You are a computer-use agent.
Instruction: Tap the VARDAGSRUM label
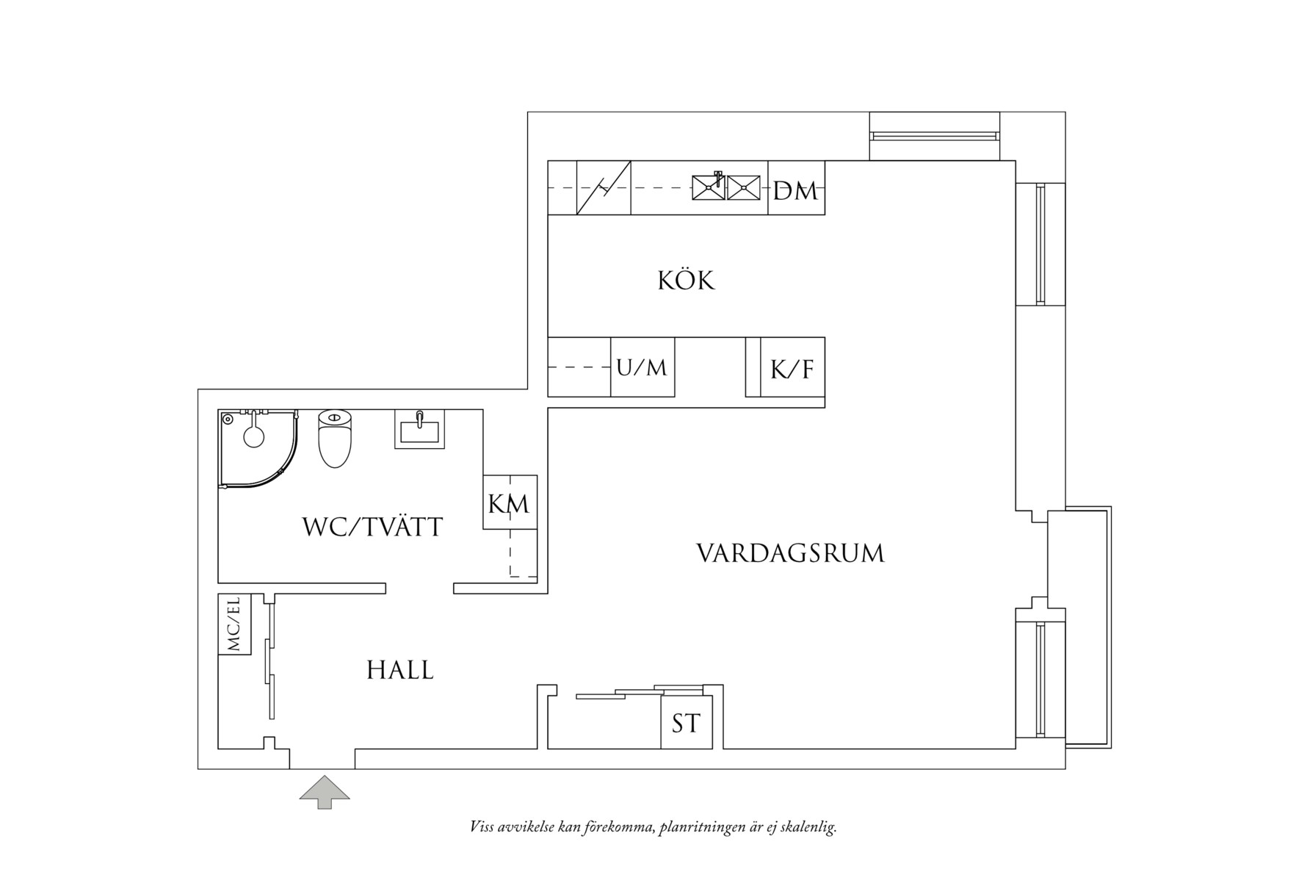click(x=790, y=553)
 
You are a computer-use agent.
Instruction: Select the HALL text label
click(x=400, y=670)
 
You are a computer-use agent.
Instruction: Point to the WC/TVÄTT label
click(x=372, y=527)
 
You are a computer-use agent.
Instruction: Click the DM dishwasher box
click(x=796, y=188)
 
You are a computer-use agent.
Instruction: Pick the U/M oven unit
click(x=642, y=367)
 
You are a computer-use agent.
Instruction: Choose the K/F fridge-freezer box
click(x=792, y=367)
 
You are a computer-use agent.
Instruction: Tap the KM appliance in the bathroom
click(x=510, y=502)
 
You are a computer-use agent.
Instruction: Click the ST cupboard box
click(x=687, y=723)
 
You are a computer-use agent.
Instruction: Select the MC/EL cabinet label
click(x=234, y=624)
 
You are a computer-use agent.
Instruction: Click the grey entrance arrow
click(x=325, y=792)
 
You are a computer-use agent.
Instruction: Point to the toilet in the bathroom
click(x=336, y=438)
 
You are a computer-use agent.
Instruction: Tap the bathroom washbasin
click(x=419, y=429)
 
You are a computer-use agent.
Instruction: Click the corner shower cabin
click(x=259, y=448)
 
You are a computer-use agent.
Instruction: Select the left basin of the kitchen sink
click(x=709, y=187)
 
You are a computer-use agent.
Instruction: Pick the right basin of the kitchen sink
click(x=744, y=187)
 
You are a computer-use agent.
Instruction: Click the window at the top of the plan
click(x=934, y=136)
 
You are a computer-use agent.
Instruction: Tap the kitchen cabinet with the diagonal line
click(x=604, y=188)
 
